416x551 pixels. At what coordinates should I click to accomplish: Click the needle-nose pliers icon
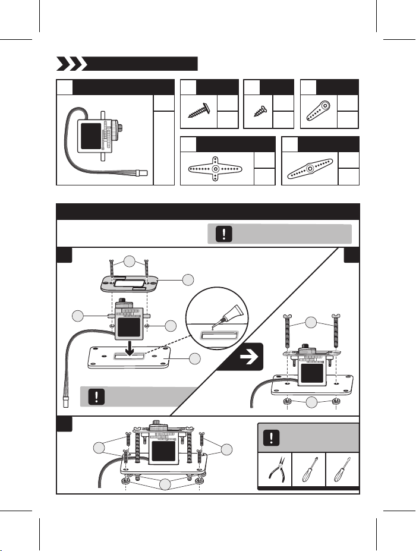(x=275, y=470)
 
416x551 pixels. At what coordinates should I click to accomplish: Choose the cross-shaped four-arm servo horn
(x=216, y=169)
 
